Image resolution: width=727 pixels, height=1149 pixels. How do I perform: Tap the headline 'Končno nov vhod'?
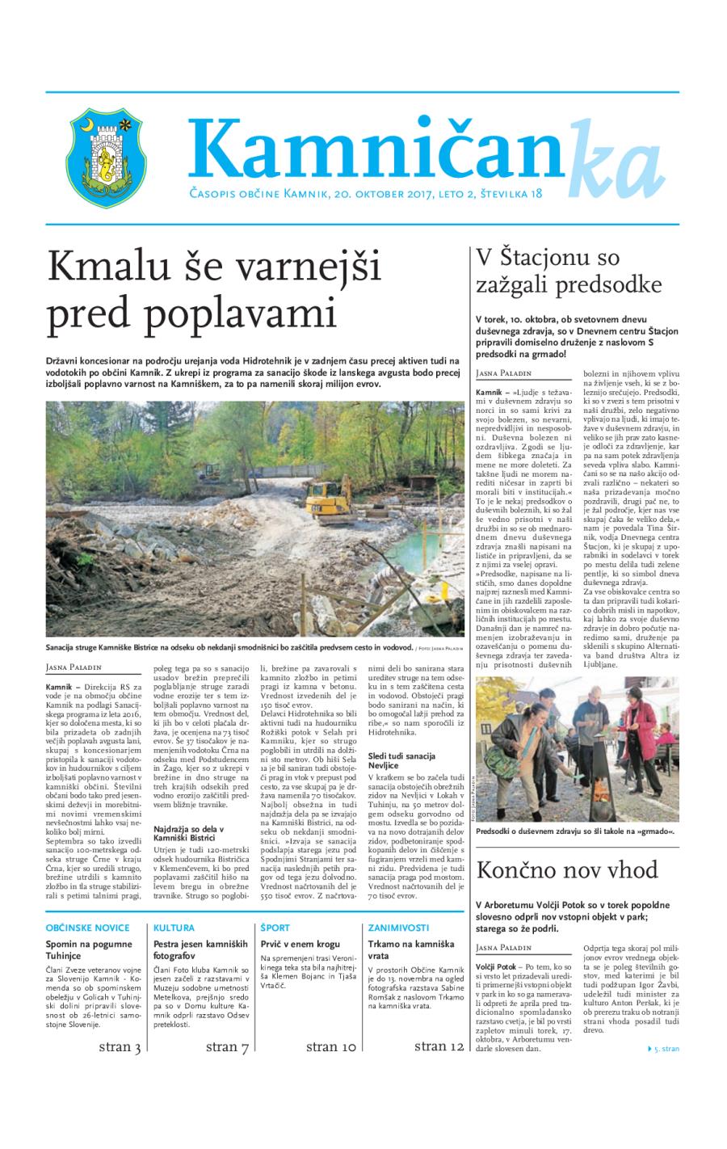pos(566,871)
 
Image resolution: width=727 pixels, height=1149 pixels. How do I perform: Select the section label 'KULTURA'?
pos(174,928)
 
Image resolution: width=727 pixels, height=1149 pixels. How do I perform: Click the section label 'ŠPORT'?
pos(275,928)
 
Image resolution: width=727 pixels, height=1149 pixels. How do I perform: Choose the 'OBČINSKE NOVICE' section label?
pos(77,928)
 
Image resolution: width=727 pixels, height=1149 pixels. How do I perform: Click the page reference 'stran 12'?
pos(439,1047)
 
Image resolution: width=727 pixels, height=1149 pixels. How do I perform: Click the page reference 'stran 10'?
pos(331,1048)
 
